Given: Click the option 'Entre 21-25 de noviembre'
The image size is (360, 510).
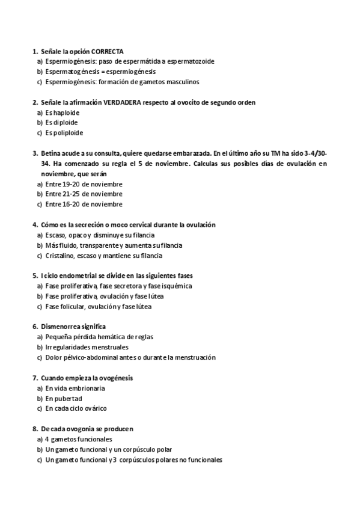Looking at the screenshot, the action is pos(84,194).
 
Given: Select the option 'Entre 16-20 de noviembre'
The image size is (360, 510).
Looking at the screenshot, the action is pos(84,204).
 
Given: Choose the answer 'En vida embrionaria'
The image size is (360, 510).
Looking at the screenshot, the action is pos(75,388).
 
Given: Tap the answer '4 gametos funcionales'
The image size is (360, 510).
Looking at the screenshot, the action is pos(78,439).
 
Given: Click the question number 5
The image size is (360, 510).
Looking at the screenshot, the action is pos(35,275).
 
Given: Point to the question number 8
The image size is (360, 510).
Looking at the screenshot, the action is pos(35,429).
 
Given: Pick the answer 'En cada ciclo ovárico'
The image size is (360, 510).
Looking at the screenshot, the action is pos(76,408).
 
